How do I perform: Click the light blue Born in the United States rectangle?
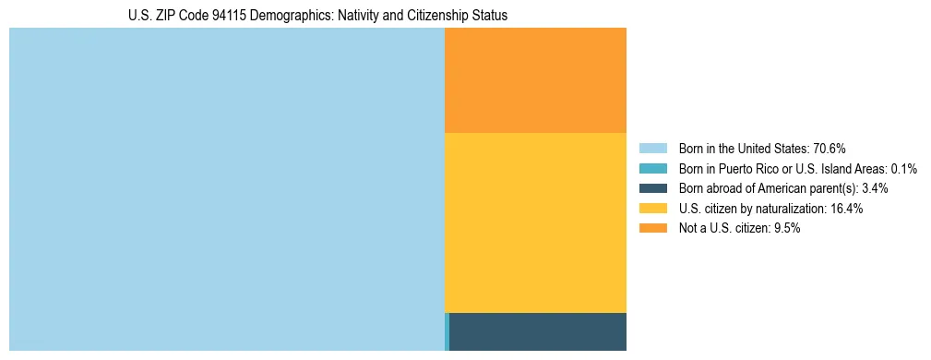[x=226, y=189]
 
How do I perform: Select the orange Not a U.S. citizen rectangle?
[x=535, y=80]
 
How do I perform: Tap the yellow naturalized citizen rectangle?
[x=535, y=222]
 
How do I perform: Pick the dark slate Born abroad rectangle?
[x=538, y=331]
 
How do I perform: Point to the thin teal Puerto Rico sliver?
[x=447, y=331]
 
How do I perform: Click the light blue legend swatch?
[x=652, y=149]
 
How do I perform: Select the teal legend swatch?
[x=652, y=169]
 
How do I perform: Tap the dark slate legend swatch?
[x=652, y=188]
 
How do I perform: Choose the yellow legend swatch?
[x=652, y=209]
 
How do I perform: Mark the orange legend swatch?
[x=652, y=228]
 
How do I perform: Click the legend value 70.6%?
[x=830, y=149]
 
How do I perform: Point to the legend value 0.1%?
[x=904, y=169]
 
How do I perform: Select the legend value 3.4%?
[x=875, y=188]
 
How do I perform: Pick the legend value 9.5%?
[x=786, y=228]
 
